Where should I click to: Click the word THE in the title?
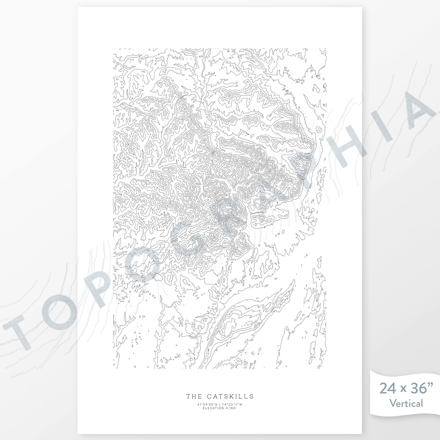[x=193, y=396]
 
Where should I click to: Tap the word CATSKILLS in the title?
[x=229, y=396]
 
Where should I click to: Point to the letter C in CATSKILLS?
[x=209, y=396]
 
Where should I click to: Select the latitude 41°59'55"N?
[x=207, y=404]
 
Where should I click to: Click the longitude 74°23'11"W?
[x=232, y=404]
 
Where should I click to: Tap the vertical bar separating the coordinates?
[x=220, y=404]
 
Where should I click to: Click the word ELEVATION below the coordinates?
[x=213, y=408]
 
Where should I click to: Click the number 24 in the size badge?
[x=387, y=388]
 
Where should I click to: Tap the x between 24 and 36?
[x=401, y=389]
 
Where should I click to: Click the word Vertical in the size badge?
[x=406, y=403]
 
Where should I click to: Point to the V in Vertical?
[x=393, y=403]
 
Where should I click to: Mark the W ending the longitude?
[x=241, y=404]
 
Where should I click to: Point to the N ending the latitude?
[x=216, y=404]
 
